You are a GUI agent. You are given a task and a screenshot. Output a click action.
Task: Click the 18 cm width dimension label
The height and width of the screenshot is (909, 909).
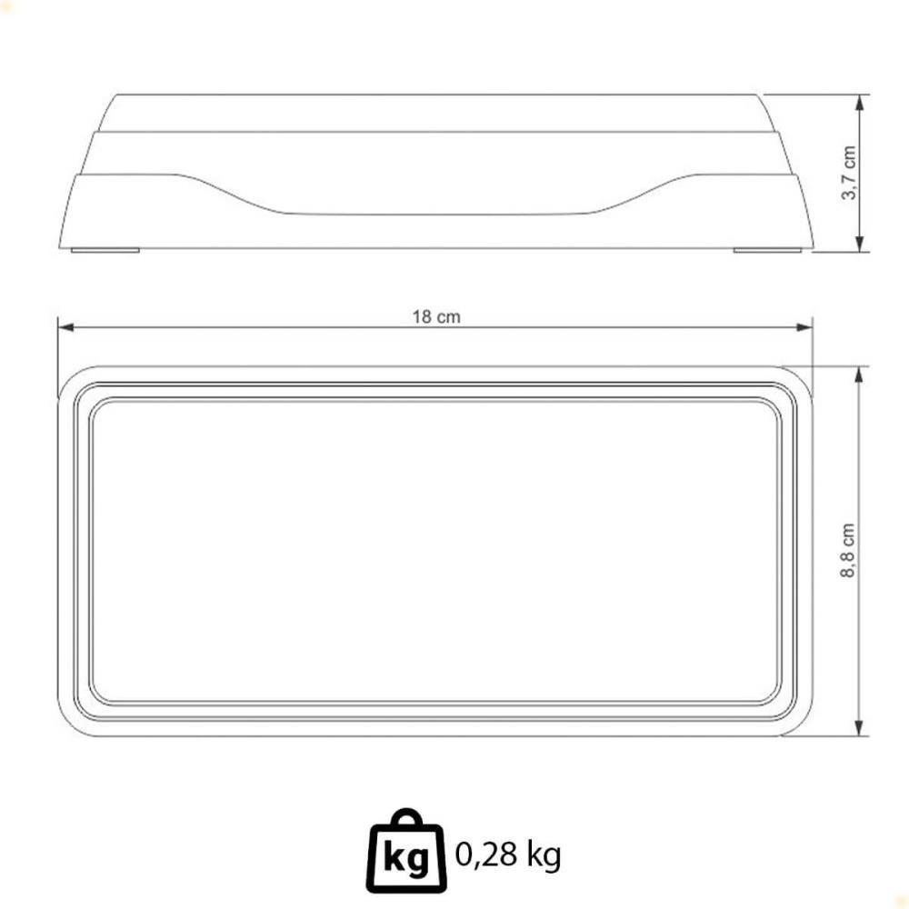click(x=436, y=317)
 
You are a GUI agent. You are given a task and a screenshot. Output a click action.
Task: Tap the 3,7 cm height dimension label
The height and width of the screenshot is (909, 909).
click(x=849, y=173)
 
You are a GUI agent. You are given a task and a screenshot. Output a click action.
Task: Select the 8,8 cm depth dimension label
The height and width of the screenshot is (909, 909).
click(x=847, y=551)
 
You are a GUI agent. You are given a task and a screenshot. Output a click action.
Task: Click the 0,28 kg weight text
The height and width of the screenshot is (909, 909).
click(x=508, y=855)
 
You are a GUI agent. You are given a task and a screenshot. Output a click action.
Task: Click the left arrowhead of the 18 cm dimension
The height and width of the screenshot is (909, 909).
click(x=66, y=327)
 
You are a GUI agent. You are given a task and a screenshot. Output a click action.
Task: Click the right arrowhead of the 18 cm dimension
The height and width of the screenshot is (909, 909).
click(x=804, y=327)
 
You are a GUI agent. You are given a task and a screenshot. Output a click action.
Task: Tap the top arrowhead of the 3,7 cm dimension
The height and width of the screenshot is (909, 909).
click(x=860, y=103)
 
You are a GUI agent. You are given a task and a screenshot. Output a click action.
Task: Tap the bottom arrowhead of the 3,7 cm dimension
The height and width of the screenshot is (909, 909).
click(x=860, y=244)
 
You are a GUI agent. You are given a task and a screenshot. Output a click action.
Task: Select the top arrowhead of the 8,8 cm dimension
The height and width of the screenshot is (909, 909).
click(x=860, y=375)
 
